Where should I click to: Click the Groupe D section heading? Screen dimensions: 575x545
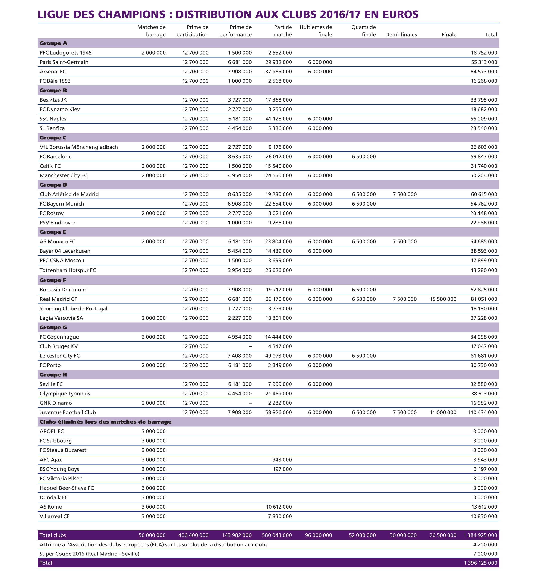point(53,185)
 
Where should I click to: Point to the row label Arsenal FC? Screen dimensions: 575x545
point(53,72)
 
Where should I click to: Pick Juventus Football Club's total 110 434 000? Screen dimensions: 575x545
point(482,412)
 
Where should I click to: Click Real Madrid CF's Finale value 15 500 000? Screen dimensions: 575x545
point(443,299)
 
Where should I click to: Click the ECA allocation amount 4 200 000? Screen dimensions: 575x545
point(485,544)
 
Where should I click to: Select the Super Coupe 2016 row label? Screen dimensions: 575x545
point(90,554)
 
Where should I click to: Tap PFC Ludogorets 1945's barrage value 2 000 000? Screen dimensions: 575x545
point(153,53)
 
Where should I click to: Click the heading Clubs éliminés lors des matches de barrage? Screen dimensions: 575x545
point(105,422)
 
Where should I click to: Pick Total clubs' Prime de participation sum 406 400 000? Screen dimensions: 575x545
point(193,535)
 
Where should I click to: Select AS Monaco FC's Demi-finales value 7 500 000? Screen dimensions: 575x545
point(404,242)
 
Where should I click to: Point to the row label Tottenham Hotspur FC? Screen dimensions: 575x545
point(68,270)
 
